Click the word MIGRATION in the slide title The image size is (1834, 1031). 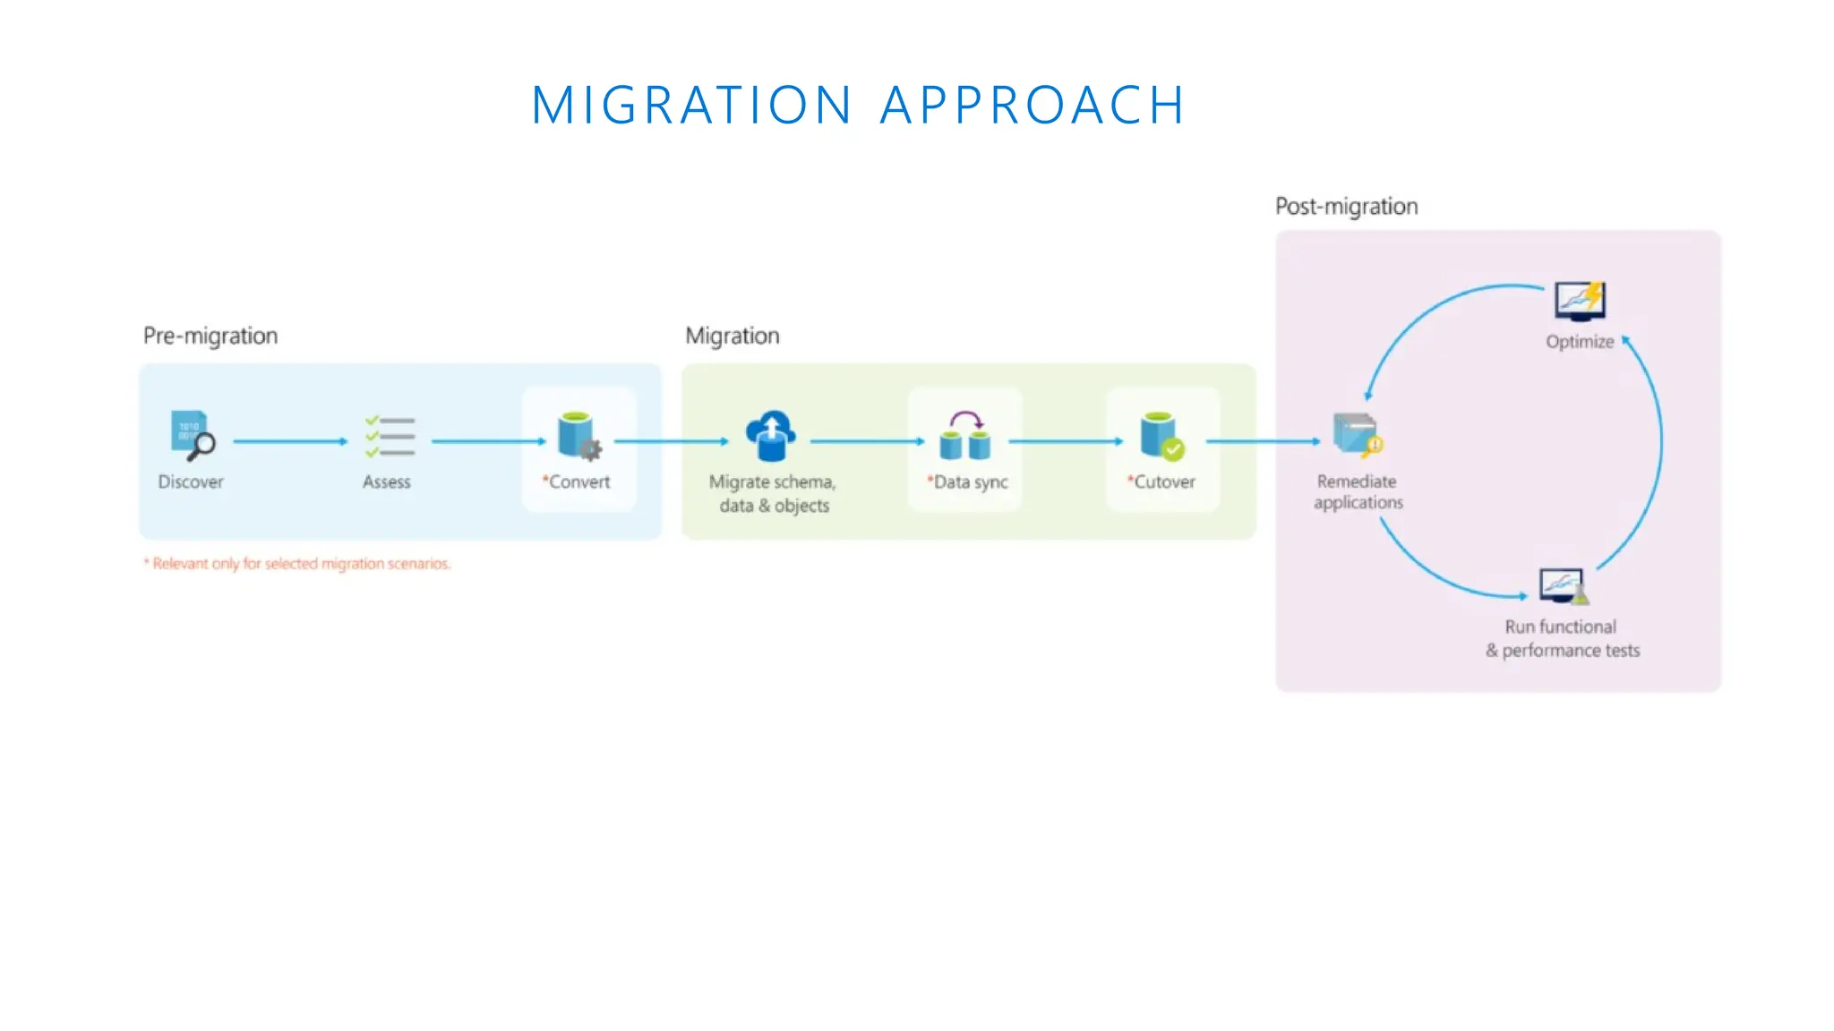click(x=690, y=105)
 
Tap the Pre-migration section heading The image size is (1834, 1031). click(x=210, y=336)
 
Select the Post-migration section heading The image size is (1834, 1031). click(x=1346, y=207)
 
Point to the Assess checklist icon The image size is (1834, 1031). click(x=390, y=436)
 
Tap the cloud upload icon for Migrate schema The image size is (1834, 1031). click(x=770, y=435)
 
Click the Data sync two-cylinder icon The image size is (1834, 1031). click(x=964, y=436)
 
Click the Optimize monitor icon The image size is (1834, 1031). click(x=1580, y=302)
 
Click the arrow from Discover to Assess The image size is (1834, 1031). click(x=289, y=441)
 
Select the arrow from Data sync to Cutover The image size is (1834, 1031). click(x=1065, y=441)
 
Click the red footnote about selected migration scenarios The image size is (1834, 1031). click(x=297, y=564)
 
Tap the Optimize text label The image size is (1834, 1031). click(x=1579, y=342)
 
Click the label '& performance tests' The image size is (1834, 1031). click(x=1563, y=651)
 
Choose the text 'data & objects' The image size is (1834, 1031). click(x=774, y=506)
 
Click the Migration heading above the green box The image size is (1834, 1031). click(x=732, y=336)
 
